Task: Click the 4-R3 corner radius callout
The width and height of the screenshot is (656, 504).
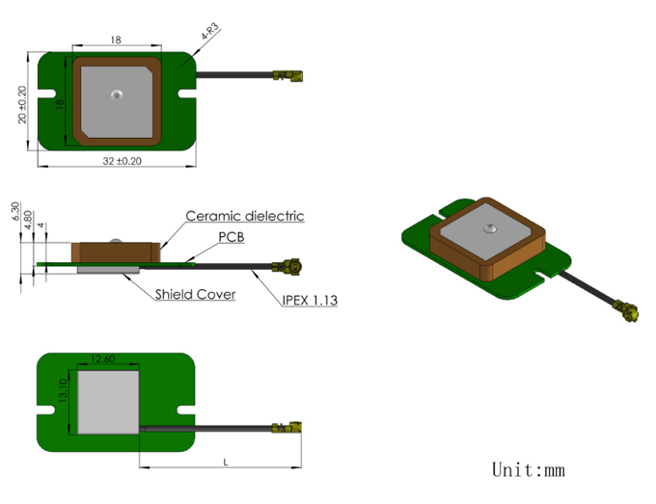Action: click(x=210, y=32)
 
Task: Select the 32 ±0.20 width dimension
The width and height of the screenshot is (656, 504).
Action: click(x=123, y=161)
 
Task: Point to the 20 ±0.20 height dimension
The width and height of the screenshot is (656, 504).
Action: click(x=22, y=104)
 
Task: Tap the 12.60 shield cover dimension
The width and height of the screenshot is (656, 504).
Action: click(x=102, y=358)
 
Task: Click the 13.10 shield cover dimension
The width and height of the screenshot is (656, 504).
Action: click(x=63, y=390)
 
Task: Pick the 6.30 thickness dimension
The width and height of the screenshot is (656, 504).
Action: click(x=15, y=211)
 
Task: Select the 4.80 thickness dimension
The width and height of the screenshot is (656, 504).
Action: click(x=28, y=220)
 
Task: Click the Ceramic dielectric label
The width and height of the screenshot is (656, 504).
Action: click(x=245, y=216)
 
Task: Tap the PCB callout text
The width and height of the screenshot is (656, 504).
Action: click(x=232, y=237)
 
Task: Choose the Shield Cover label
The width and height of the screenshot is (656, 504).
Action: click(x=196, y=294)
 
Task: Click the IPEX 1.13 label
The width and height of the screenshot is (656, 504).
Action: click(x=310, y=300)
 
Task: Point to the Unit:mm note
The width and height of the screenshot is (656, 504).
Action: click(x=529, y=469)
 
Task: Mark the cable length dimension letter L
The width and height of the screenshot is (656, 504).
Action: click(x=226, y=462)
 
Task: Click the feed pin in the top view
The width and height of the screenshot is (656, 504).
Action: click(x=117, y=94)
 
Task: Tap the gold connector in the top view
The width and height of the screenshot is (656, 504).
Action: click(x=287, y=75)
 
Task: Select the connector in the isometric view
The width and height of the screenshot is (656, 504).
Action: click(x=625, y=311)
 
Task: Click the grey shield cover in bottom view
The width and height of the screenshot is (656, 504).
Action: click(x=108, y=403)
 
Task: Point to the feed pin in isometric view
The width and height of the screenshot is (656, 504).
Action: click(x=489, y=228)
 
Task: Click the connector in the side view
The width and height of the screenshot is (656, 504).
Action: click(x=287, y=267)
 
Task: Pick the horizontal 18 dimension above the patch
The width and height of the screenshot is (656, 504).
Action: click(x=116, y=40)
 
